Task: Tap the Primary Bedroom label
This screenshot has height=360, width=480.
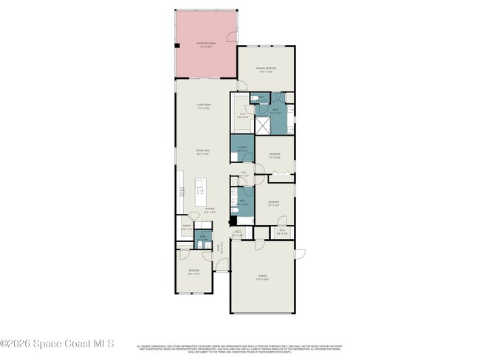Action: (x=266, y=70)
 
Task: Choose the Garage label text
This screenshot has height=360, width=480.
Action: (x=263, y=277)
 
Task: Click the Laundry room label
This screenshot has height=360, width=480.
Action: (x=241, y=149)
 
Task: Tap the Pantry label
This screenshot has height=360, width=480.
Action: (x=186, y=228)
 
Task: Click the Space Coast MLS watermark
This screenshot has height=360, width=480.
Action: (x=58, y=343)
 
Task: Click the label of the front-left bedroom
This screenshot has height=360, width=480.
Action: (x=194, y=271)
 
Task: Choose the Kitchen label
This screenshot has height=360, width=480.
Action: (x=210, y=210)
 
